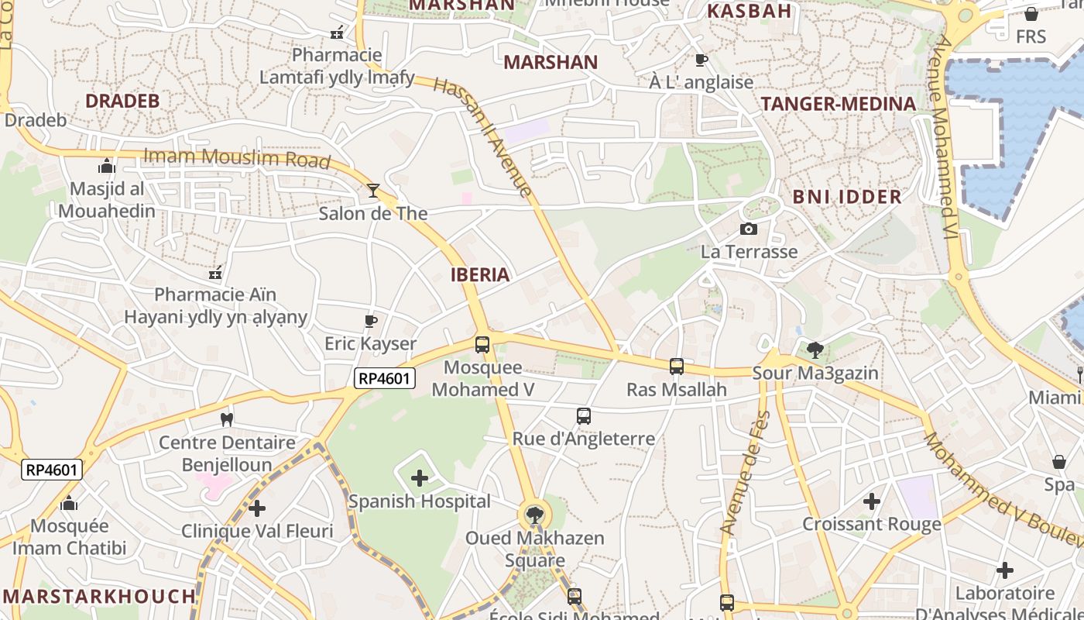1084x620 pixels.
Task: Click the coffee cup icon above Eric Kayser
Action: [x=370, y=321]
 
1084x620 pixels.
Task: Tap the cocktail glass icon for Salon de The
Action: [x=373, y=190]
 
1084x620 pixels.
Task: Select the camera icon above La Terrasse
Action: [x=748, y=229]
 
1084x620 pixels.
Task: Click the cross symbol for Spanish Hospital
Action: [x=419, y=478]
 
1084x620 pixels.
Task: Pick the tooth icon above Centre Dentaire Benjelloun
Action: [x=227, y=419]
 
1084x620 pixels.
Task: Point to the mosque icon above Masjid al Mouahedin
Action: [x=107, y=167]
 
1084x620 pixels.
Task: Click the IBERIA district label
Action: [x=480, y=274]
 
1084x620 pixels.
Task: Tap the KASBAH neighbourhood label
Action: [x=750, y=11]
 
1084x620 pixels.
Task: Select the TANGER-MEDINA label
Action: [x=839, y=104]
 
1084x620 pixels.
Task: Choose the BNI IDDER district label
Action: [x=847, y=197]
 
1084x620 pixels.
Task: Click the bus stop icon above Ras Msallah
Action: [x=676, y=367]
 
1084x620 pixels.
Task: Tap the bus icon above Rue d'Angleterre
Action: [x=584, y=416]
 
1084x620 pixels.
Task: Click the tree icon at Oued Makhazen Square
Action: [x=534, y=515]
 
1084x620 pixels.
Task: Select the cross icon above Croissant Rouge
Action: [x=872, y=501]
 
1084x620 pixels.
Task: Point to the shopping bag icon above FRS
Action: [x=1031, y=14]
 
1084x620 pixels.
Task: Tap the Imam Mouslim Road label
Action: [x=237, y=158]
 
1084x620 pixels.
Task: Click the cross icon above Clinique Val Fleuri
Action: [x=257, y=508]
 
